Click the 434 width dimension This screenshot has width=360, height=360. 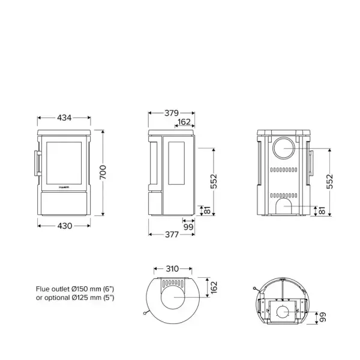(x=64, y=117)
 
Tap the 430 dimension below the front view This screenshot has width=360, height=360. (x=64, y=226)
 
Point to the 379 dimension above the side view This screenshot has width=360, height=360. (x=172, y=112)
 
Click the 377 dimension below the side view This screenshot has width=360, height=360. (x=172, y=235)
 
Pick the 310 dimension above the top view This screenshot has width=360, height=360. (x=172, y=269)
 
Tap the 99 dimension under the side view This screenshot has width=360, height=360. (x=188, y=226)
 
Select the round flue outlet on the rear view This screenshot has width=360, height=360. (x=284, y=149)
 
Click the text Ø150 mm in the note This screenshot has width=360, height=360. (x=79, y=289)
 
